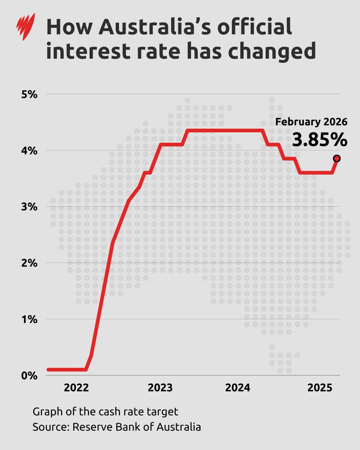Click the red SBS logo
26,26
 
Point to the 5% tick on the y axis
29,94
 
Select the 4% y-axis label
29,151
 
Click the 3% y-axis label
29,207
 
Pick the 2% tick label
29,263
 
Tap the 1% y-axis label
29,319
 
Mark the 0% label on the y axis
29,376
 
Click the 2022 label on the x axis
76,388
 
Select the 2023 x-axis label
160,388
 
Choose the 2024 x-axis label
237,388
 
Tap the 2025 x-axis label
320,388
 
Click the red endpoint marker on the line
337,158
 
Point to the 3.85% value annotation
320,140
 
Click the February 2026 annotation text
311,122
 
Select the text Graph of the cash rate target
105,412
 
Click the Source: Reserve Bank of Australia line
117,427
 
